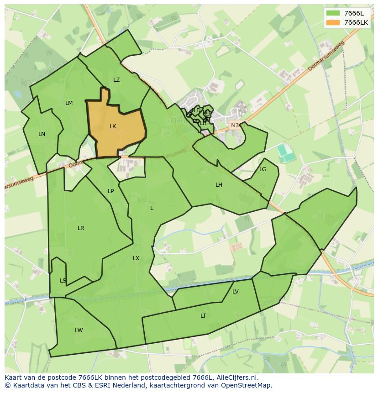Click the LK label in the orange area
(x=113, y=126)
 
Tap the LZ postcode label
(x=116, y=80)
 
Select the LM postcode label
(x=69, y=103)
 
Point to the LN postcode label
(x=42, y=134)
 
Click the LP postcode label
(x=110, y=191)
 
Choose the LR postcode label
(x=81, y=228)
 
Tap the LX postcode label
(x=136, y=258)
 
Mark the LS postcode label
(x=63, y=281)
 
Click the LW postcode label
(x=79, y=330)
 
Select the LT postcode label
(x=203, y=316)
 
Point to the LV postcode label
(x=236, y=292)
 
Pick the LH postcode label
(x=219, y=185)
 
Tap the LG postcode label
(x=262, y=169)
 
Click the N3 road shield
(x=235, y=125)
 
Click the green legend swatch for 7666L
(x=333, y=13)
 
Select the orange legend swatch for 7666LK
(x=333, y=22)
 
